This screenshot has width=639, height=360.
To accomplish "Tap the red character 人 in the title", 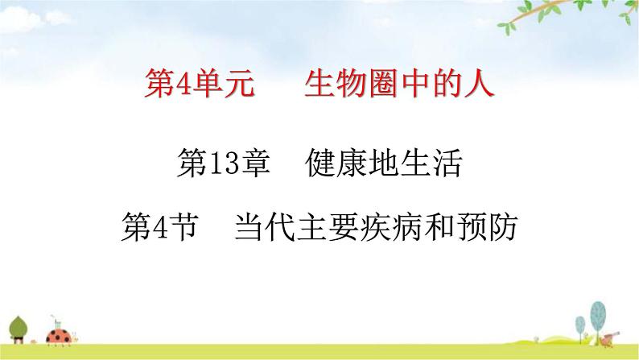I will [x=477, y=83].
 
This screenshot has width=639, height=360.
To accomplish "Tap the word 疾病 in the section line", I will [x=376, y=228].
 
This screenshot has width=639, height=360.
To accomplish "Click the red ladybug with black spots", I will [x=59, y=333].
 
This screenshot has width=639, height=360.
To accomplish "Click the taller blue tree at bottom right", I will [x=597, y=314].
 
